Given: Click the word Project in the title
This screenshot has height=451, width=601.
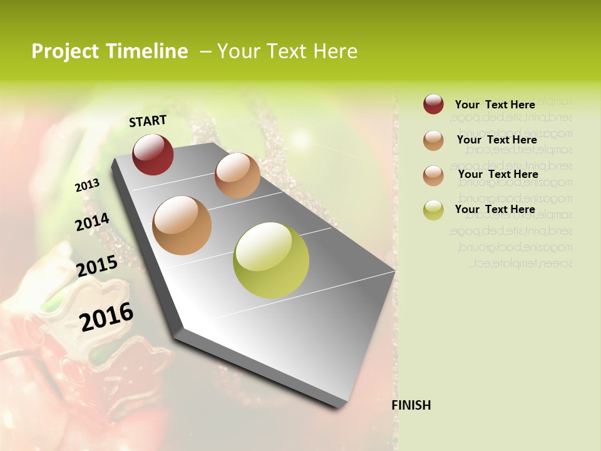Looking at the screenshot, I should [x=61, y=51].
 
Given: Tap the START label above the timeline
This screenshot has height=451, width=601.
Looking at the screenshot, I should [x=148, y=121].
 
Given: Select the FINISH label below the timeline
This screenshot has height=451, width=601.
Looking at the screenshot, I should [x=411, y=405].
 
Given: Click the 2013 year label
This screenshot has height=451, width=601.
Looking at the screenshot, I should [x=87, y=185].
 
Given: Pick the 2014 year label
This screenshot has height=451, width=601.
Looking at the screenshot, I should [x=92, y=222].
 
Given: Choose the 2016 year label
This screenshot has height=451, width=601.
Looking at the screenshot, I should [x=106, y=317].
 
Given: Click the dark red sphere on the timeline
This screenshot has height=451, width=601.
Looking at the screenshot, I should [x=153, y=154].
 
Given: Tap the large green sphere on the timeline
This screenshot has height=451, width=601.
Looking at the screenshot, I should [x=271, y=260].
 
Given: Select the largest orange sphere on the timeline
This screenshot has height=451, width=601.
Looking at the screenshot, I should [x=182, y=225].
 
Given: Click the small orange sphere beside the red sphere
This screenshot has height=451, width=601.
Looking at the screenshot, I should [x=237, y=175].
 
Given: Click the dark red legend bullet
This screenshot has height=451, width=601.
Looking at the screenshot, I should [x=433, y=105].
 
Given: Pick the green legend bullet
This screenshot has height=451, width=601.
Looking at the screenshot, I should [x=433, y=209].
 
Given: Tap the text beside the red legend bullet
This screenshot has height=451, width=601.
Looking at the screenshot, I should [x=495, y=105].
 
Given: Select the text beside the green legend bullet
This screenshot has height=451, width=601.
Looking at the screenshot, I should [x=495, y=209].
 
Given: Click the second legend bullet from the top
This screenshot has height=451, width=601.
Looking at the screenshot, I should [x=433, y=140].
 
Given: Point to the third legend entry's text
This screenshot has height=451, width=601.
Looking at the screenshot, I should [x=498, y=174].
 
